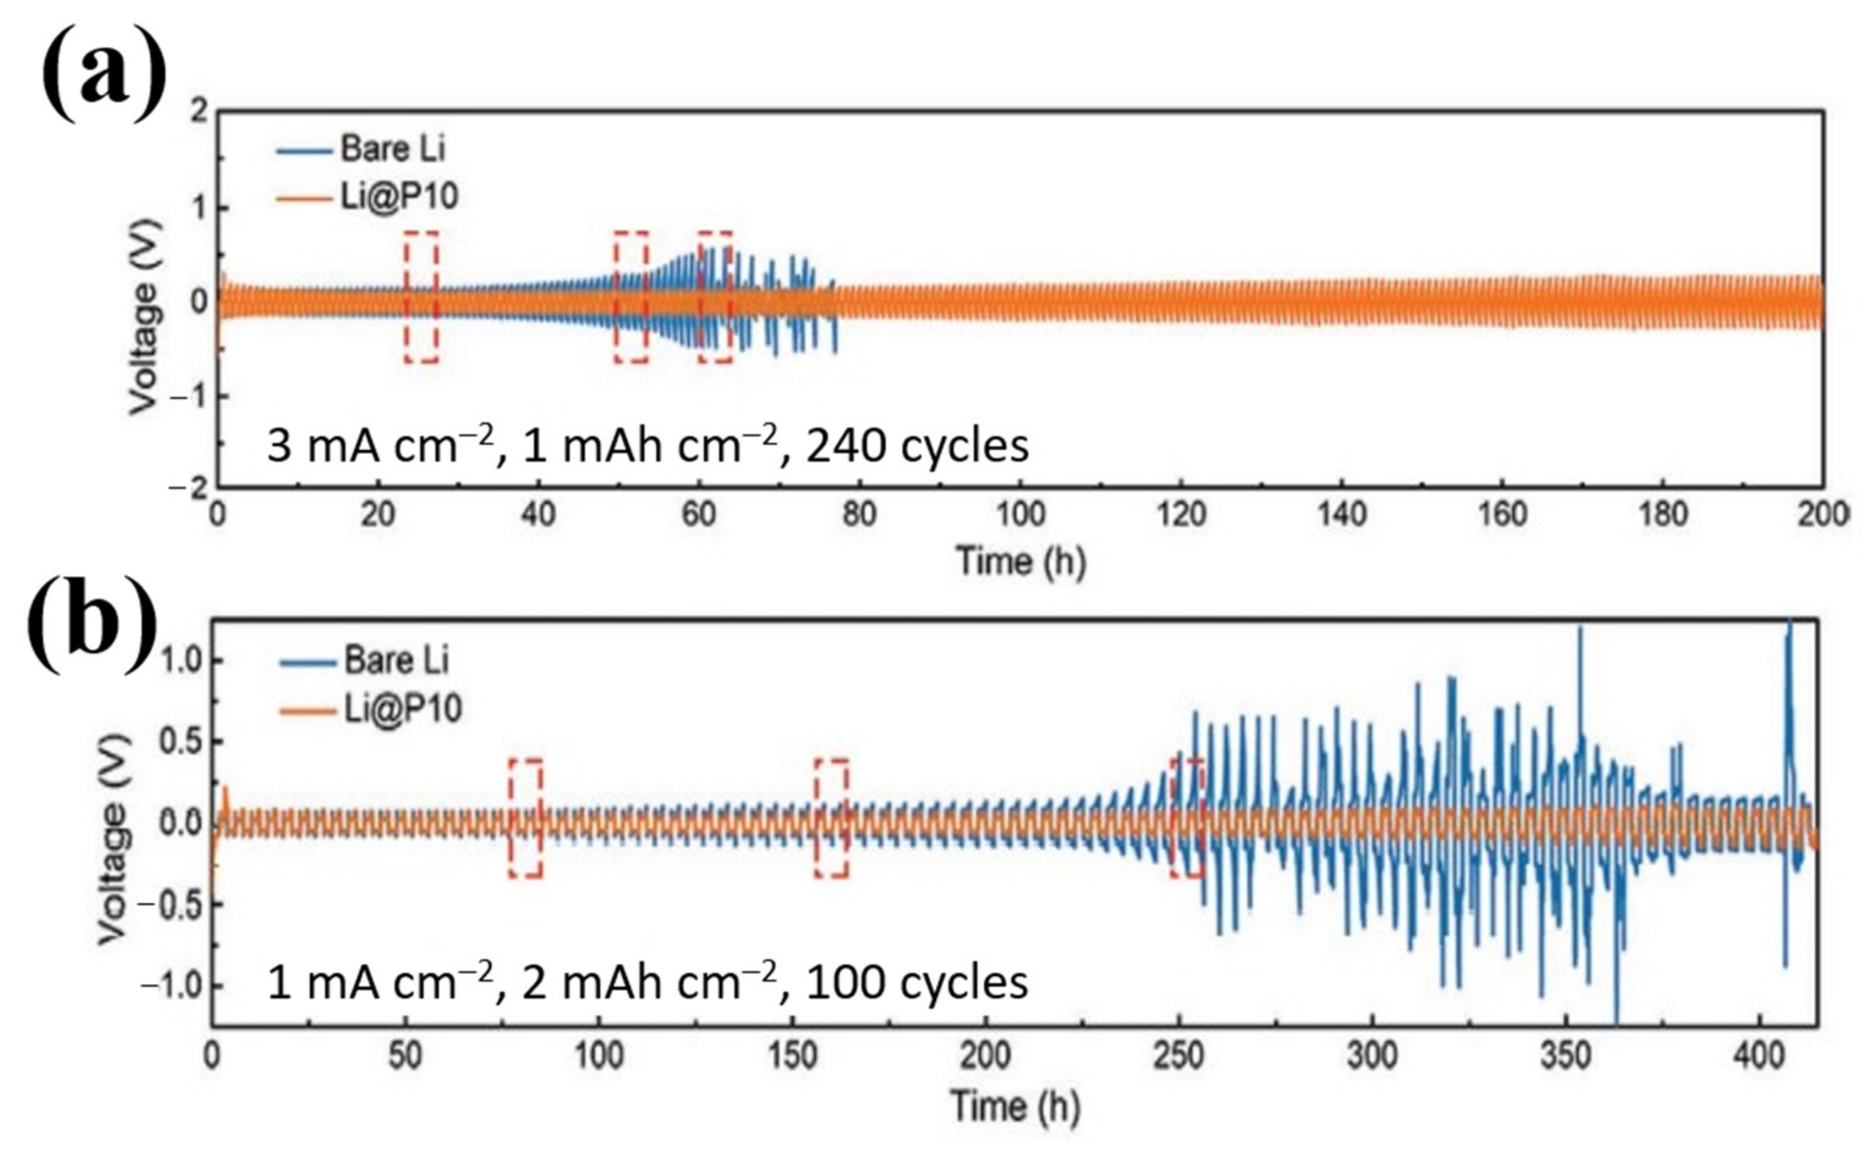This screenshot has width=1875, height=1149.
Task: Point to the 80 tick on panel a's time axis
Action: [x=858, y=515]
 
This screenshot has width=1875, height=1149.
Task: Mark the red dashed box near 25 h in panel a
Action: [x=421, y=297]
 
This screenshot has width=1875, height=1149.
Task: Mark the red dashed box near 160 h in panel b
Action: [x=831, y=818]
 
